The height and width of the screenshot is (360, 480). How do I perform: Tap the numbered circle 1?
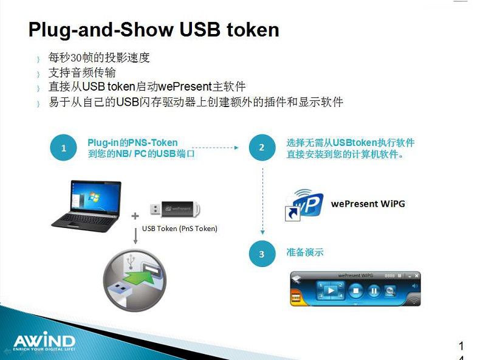(x=63, y=148)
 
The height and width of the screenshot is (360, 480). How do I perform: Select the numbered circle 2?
(x=262, y=148)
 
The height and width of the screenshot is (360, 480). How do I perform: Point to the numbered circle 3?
(x=262, y=254)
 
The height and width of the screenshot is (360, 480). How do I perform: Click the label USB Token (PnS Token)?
(x=179, y=229)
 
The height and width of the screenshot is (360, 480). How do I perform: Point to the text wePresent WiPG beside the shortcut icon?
(x=368, y=204)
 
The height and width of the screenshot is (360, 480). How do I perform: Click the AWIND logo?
(x=43, y=341)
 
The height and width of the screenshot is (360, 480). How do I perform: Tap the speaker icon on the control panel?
(x=415, y=286)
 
